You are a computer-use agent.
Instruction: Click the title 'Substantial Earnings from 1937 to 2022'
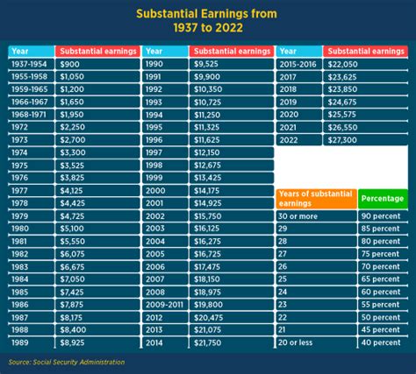tap(207, 21)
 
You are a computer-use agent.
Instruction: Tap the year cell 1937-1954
tap(31, 65)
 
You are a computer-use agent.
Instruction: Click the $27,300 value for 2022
tap(342, 139)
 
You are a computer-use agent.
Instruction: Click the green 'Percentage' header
tap(383, 199)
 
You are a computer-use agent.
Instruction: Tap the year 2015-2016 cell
tap(298, 65)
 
